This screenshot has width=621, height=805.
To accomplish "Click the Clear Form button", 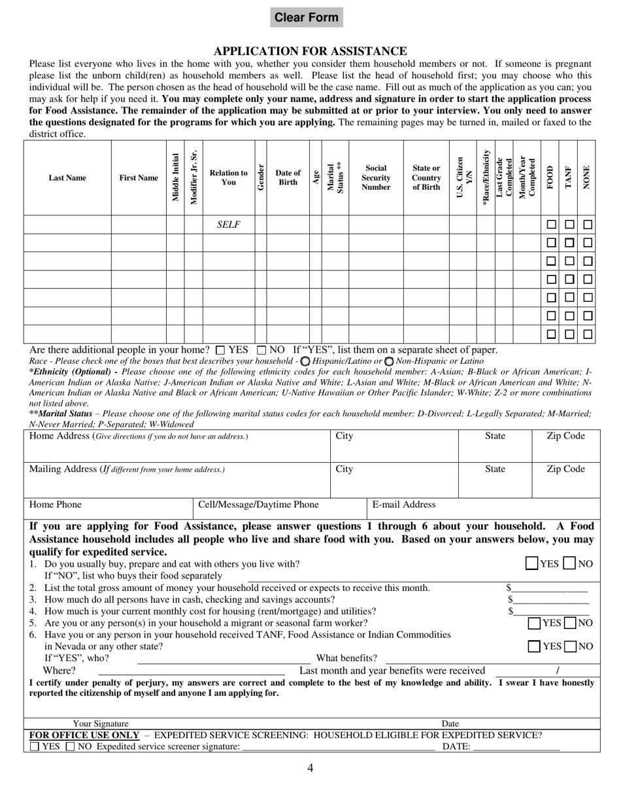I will (307, 18).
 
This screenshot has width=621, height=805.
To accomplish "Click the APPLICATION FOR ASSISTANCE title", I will (310, 51).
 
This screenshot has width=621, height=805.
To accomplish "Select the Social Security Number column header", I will (376, 177).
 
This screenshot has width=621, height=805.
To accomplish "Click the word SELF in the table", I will (228, 224).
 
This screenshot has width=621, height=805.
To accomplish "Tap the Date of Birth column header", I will (288, 177).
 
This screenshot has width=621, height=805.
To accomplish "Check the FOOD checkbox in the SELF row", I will (551, 224).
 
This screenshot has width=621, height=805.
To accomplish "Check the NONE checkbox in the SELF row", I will (588, 224).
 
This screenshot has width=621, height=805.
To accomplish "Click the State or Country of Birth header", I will (426, 177).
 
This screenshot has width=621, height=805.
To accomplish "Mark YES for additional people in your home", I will (220, 350).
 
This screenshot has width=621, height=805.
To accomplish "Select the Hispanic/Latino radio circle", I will (305, 361).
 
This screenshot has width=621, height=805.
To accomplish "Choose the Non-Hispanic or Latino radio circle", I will (389, 361).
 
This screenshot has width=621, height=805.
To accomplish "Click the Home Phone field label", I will (56, 505).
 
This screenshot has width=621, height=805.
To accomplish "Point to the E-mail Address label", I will (404, 505).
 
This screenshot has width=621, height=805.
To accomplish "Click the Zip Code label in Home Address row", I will (565, 436).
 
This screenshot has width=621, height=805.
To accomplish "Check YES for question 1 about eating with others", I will (533, 563).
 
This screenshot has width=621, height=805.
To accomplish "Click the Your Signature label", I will (101, 723).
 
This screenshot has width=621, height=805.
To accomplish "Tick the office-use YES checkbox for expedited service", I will (35, 747).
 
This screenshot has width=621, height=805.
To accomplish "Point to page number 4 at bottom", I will (310, 768).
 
